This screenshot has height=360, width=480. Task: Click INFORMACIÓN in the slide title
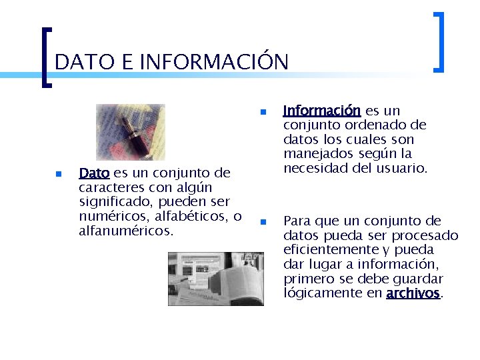215,62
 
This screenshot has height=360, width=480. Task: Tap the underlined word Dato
94,173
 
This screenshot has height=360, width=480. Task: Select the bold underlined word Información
322,111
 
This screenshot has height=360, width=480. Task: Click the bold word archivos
413,293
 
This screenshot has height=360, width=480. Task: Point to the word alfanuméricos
126,231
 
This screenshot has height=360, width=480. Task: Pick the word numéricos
111,217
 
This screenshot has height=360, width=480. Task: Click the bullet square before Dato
58,174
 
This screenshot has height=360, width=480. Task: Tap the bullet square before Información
263,111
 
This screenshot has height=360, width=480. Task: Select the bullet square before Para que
263,221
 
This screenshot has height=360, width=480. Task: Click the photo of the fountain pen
130,132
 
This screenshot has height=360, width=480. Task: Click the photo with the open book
215,279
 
